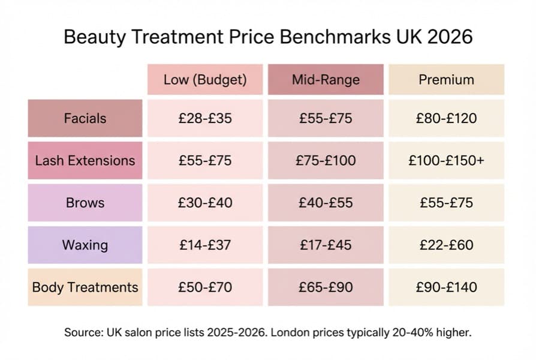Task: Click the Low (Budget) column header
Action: tap(205, 80)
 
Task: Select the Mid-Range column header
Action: tap(326, 80)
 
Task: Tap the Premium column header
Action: tap(446, 80)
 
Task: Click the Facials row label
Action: tap(85, 118)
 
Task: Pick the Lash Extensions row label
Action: tap(85, 161)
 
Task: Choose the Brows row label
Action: tap(85, 203)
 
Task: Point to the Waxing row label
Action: tap(85, 245)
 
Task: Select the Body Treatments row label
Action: tap(85, 287)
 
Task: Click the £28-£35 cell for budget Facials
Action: tap(205, 118)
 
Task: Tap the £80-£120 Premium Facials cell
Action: tap(446, 118)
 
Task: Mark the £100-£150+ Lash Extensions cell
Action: tap(446, 161)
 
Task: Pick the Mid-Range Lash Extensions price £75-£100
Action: tap(326, 161)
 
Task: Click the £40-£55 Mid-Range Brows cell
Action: tap(326, 203)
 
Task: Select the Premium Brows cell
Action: tap(446, 203)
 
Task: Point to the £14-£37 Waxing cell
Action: tap(205, 245)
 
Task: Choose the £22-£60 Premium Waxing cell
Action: tap(446, 245)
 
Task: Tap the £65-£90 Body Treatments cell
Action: tap(326, 287)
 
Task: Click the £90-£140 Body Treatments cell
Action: tap(446, 287)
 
